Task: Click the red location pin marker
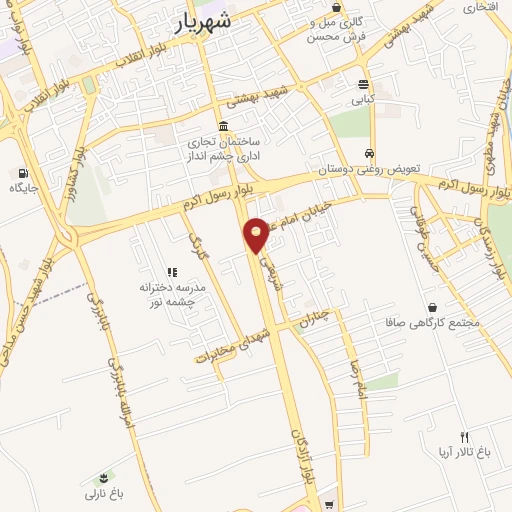pyautogui.click(x=257, y=234)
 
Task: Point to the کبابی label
pyautogui.click(x=363, y=100)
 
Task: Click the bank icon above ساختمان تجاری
pyautogui.click(x=221, y=126)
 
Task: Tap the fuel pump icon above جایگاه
pyautogui.click(x=23, y=171)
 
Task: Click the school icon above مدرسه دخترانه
pyautogui.click(x=172, y=271)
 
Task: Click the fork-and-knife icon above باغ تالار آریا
pyautogui.click(x=464, y=436)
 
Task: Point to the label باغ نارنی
pyautogui.click(x=102, y=493)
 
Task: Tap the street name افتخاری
pyautogui.click(x=478, y=8)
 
